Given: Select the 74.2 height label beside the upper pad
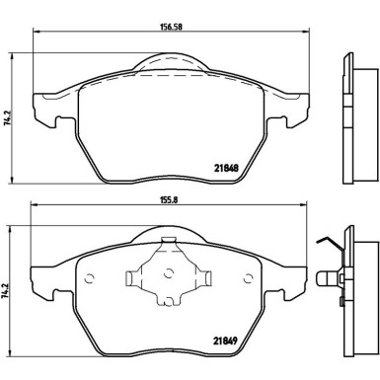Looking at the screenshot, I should click(x=10, y=116).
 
